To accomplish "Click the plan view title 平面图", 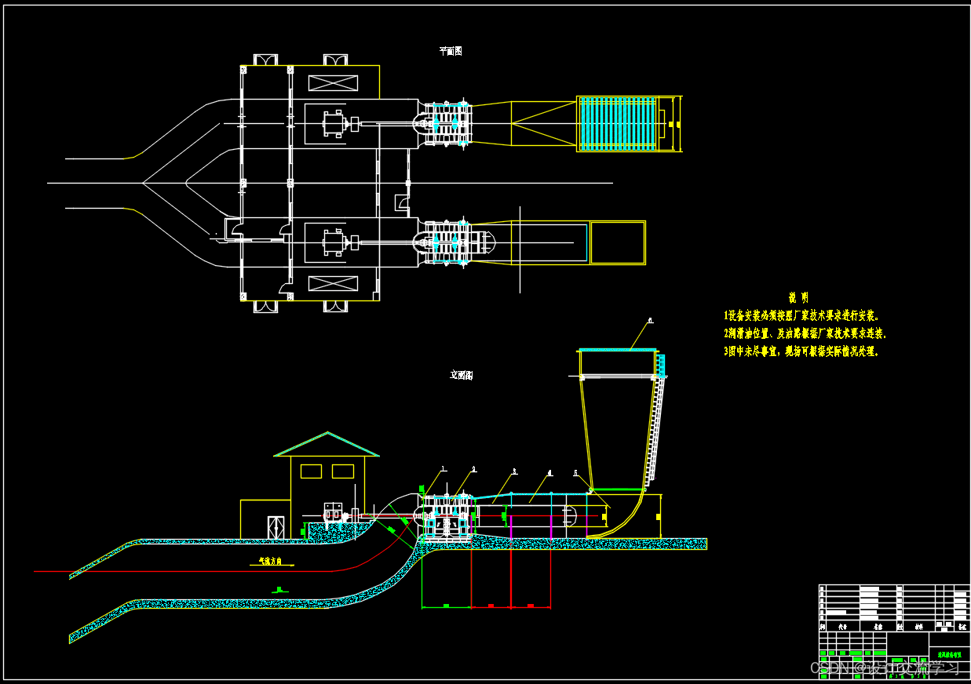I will point(451,51).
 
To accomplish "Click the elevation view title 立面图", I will point(462,375).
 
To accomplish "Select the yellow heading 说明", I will point(798,298).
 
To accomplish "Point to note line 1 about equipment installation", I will point(801,316).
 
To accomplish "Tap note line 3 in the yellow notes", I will point(801,351).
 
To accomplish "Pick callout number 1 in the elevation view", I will point(443,469).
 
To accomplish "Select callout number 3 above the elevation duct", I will point(515,471).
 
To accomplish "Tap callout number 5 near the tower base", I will point(576,473).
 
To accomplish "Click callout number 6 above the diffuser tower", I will point(651,320).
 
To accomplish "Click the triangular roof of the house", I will point(327,446).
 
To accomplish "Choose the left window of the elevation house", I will point(312,471).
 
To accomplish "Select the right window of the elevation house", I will point(343,471).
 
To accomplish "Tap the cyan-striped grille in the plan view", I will point(617,124).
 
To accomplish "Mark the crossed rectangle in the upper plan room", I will point(333,82).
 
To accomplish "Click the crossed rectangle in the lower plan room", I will point(333,283).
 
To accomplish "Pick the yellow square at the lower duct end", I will point(618,243).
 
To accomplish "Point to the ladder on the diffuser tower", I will point(656,424).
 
